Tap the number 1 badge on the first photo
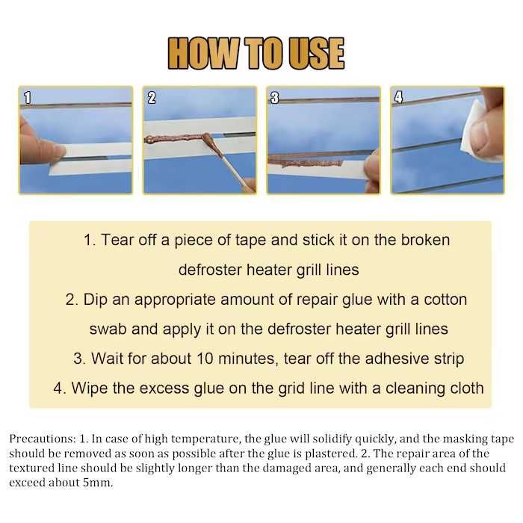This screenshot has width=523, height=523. tap(28, 98)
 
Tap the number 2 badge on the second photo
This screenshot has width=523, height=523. tap(152, 98)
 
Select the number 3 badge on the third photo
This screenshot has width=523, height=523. tap(274, 98)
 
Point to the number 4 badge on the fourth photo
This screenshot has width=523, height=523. tap(398, 97)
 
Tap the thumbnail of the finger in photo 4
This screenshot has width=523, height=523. tap(481, 134)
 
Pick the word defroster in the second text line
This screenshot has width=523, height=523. tap(210, 270)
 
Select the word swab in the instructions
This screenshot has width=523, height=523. tap(108, 329)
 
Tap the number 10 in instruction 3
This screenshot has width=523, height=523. tap(205, 359)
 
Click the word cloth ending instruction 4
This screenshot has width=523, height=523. tap(467, 389)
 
